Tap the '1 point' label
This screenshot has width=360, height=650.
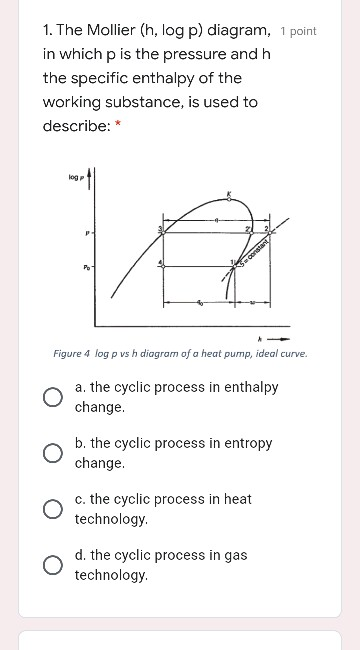[298, 31]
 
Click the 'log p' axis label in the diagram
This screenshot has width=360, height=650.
[75, 177]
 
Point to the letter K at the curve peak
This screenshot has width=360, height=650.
[228, 193]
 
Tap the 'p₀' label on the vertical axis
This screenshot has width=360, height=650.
[86, 268]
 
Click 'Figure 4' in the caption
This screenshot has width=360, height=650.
[73, 354]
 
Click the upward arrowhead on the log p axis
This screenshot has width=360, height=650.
[92, 172]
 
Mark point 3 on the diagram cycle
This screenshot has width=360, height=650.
[160, 229]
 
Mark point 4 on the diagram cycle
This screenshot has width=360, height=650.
[160, 262]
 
